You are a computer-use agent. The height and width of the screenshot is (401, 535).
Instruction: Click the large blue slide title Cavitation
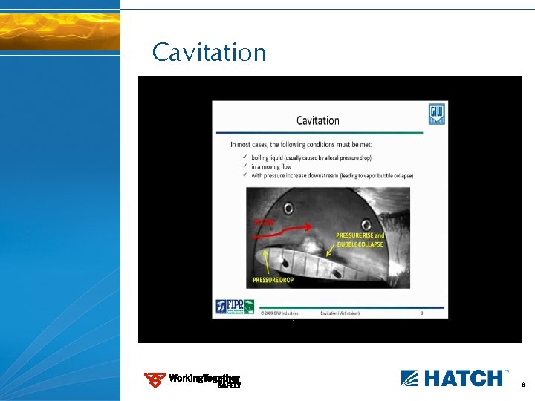click(x=209, y=53)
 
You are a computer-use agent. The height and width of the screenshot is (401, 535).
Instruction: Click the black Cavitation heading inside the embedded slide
click(x=318, y=120)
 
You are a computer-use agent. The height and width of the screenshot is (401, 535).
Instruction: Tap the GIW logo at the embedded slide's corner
click(x=436, y=114)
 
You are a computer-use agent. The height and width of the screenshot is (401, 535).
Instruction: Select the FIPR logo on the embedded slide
click(x=235, y=307)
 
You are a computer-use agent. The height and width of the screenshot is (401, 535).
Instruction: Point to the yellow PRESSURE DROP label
click(x=273, y=280)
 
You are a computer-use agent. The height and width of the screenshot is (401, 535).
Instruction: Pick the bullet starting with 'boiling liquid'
click(x=311, y=158)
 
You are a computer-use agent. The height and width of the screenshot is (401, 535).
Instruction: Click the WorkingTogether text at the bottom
click(x=204, y=378)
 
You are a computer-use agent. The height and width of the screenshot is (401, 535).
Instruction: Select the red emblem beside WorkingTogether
click(x=155, y=380)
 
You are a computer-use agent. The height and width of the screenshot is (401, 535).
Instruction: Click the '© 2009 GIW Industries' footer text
click(x=280, y=313)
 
